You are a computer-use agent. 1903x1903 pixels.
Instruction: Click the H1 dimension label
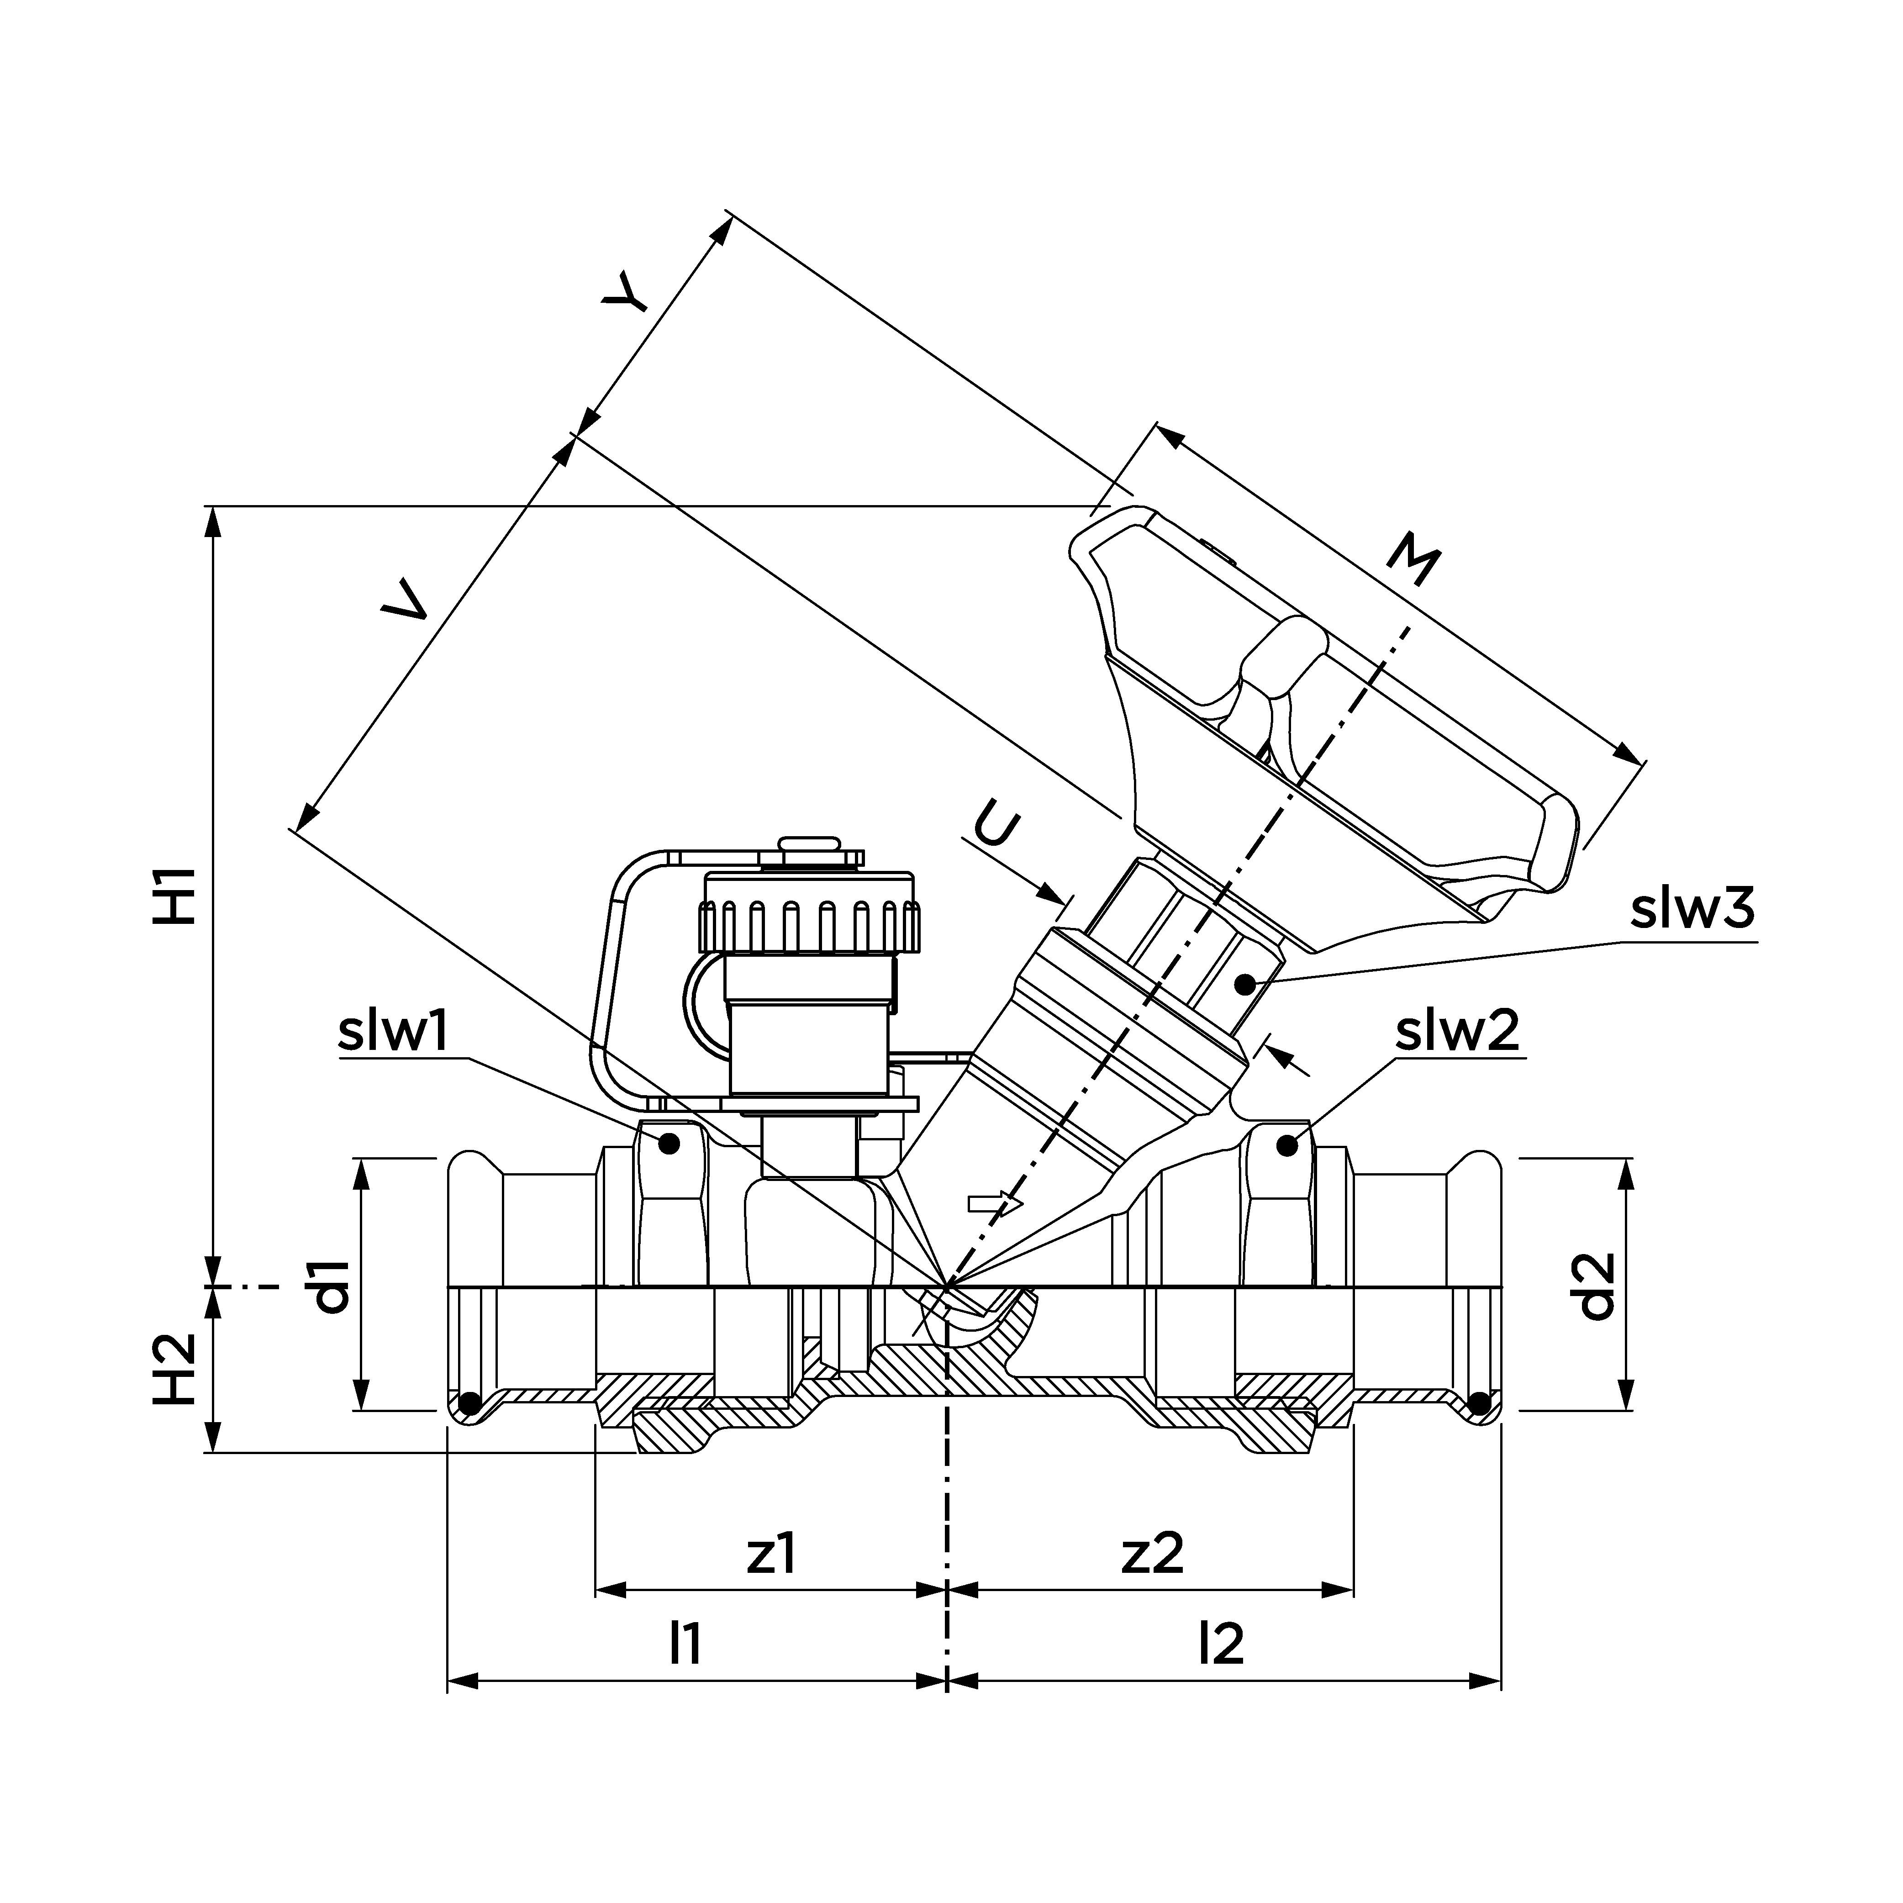(175, 896)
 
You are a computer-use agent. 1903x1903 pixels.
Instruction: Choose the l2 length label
(1221, 1643)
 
